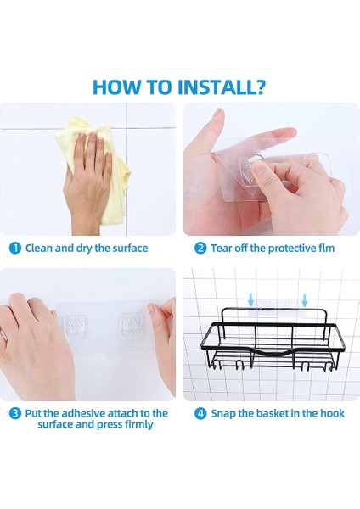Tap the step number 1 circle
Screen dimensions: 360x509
pos(15,249)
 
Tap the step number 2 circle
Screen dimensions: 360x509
pos(200,249)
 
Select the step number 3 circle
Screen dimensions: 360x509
pos(15,414)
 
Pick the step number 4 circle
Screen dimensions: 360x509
pos(200,414)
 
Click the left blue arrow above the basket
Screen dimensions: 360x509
pos(250,300)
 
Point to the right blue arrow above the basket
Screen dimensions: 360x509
pos(305,300)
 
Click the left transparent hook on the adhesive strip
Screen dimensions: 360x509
pos(76,324)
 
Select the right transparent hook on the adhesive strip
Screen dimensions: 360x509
pos(132,323)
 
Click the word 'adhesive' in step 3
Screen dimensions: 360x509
pos(83,413)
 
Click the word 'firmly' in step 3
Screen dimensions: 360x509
pos(138,425)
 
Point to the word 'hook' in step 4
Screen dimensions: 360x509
pos(332,413)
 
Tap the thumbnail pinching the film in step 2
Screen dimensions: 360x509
pos(259,168)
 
